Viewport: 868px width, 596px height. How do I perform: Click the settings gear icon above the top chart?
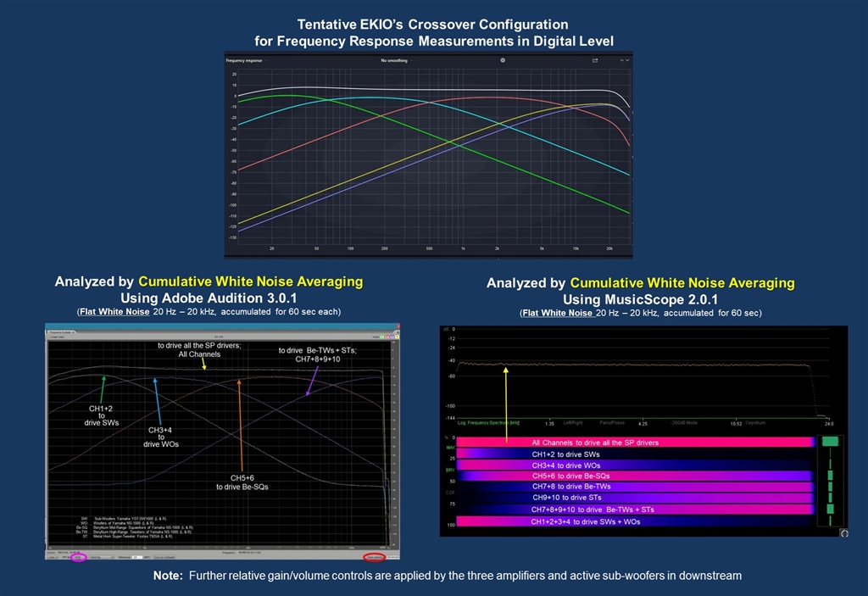(503, 60)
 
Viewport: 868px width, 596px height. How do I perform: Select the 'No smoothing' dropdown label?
(394, 61)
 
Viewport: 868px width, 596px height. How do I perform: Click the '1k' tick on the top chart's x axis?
(463, 248)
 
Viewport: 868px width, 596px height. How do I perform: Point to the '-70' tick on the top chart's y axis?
(233, 172)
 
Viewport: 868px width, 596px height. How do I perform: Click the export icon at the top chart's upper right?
(595, 60)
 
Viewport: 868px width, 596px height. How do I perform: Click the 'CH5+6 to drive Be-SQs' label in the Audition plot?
(242, 482)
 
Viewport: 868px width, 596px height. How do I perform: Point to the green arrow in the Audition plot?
(103, 390)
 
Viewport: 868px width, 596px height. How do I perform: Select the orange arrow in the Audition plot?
(241, 424)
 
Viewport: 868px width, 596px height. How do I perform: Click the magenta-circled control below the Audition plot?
(79, 557)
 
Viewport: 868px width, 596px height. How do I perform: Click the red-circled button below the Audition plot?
(374, 557)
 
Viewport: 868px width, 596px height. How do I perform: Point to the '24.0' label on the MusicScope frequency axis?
(829, 422)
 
